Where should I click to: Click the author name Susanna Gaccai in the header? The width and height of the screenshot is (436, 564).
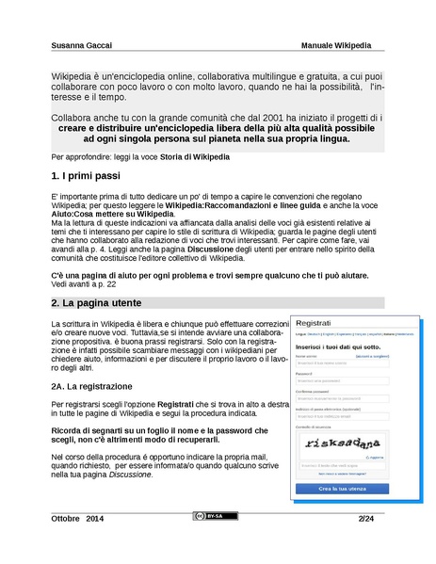(x=80, y=44)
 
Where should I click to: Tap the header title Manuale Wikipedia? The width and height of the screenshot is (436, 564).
(x=336, y=44)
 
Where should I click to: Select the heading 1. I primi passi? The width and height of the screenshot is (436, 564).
(x=86, y=176)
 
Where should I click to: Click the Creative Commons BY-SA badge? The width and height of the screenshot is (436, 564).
(x=210, y=517)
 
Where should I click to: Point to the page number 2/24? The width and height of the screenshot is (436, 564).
(x=365, y=519)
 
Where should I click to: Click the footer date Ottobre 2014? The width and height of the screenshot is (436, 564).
(x=78, y=519)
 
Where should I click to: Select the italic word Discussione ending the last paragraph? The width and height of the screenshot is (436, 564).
(x=128, y=474)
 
